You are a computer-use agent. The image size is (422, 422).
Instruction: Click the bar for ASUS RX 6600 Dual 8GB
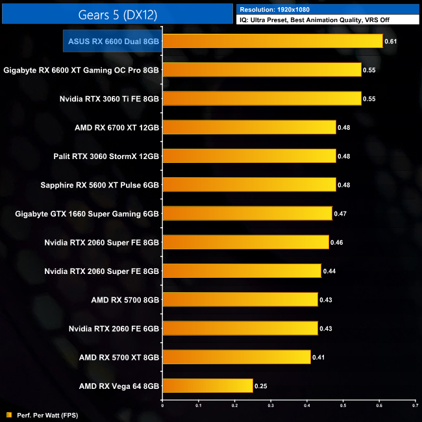pyautogui.click(x=273, y=41)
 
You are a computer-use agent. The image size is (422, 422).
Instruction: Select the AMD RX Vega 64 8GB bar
pyautogui.click(x=207, y=386)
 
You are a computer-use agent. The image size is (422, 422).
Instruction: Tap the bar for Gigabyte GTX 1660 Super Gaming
pyautogui.click(x=247, y=213)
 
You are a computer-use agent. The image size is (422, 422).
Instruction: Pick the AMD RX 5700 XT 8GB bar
pyautogui.click(x=236, y=356)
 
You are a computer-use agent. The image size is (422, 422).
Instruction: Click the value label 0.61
pyautogui.click(x=391, y=41)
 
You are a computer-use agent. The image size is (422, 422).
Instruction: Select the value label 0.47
pyautogui.click(x=340, y=213)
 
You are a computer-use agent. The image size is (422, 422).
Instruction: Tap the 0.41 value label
pyautogui.click(x=318, y=356)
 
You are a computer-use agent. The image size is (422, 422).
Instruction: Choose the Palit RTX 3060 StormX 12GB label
pyautogui.click(x=106, y=156)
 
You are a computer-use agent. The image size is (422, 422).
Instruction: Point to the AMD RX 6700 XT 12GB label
pyautogui.click(x=117, y=127)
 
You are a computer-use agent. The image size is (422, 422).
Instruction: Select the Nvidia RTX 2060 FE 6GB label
pyautogui.click(x=114, y=328)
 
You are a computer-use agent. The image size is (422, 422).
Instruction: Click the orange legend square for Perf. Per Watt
pyautogui.click(x=8, y=414)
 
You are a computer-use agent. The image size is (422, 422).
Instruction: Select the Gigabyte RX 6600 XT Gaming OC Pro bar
pyautogui.click(x=262, y=69)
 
